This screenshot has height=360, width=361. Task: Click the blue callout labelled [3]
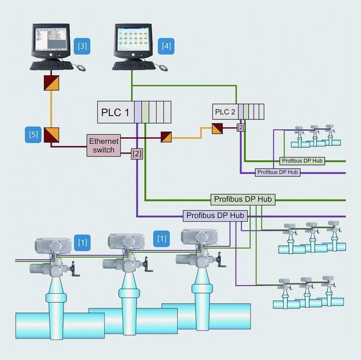(x=82, y=45)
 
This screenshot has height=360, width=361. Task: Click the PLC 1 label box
(x=115, y=112)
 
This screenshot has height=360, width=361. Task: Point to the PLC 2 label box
(x=226, y=112)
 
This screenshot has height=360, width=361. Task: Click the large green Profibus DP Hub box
(x=243, y=199)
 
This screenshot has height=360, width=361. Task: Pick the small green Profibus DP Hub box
(x=303, y=161)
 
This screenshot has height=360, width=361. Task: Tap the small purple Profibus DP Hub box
(x=278, y=172)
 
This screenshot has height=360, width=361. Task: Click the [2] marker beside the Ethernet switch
(x=137, y=155)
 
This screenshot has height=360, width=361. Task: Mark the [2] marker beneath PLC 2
(x=241, y=127)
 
